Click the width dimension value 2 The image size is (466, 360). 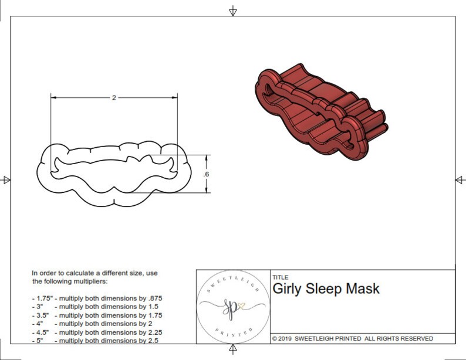click(114, 98)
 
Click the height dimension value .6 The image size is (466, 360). click(207, 174)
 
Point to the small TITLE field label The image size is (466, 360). click(280, 278)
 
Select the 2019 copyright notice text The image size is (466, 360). click(353, 339)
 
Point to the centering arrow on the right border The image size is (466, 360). click(460, 179)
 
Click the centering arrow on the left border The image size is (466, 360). click(6, 179)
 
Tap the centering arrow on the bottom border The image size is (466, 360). click(233, 349)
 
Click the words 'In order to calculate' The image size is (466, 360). click(65, 273)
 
